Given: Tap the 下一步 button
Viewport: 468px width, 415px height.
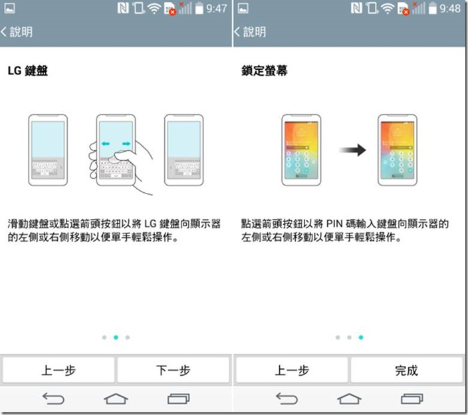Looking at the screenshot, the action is coord(173,370).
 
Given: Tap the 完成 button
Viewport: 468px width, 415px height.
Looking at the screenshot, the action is coord(407,370).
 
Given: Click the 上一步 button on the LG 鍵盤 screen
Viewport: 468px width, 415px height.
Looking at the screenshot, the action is coord(58,370).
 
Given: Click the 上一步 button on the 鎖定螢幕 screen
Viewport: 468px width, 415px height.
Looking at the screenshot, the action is coord(292,370).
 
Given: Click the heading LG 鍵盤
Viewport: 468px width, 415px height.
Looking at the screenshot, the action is coord(28,70).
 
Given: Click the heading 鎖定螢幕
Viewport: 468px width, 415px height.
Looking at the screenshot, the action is coord(265,70).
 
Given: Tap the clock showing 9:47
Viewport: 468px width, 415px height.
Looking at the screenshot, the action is coord(217,9).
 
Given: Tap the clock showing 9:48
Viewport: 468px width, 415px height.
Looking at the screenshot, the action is coord(450,9).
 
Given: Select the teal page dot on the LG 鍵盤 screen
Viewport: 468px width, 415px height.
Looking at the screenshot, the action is coord(116,337).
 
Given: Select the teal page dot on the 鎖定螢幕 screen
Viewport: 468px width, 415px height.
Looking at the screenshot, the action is coord(361,337).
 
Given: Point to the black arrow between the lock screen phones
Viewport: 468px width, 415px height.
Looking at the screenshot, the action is coord(352,150).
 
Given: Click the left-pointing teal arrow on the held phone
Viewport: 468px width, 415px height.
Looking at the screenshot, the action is coord(106,144).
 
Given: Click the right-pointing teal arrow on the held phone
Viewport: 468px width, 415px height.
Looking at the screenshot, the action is coord(126,144).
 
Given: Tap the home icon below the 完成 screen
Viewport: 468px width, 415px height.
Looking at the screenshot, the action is coord(349,398).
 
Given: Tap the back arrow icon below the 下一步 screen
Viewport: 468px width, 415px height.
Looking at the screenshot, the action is coord(53,398).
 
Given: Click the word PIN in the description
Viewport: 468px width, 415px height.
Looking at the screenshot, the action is coord(334,223).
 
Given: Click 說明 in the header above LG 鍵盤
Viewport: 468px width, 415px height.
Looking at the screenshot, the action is coord(21,32).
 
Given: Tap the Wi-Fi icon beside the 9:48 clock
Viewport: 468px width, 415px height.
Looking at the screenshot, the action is coord(388,9).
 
